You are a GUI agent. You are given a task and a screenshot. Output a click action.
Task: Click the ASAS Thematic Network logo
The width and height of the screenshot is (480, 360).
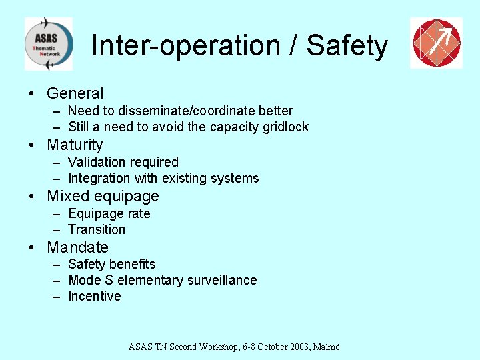pos(48,44)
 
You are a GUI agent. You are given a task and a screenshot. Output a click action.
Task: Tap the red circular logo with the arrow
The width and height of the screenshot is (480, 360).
pos(436,43)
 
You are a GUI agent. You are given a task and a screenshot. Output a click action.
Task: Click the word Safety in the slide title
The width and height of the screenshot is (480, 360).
pos(347,46)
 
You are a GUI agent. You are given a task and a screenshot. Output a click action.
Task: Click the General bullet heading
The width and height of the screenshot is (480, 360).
pos(75,94)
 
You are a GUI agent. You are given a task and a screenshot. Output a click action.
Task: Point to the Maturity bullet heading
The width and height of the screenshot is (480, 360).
pos(75,145)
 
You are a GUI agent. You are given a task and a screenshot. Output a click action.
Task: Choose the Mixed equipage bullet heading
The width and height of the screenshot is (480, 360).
pos(103,196)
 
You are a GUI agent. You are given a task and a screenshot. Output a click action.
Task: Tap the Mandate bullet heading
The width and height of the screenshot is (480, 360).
pos(77,247)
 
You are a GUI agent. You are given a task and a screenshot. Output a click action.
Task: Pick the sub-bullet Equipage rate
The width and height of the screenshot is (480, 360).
pos(109,213)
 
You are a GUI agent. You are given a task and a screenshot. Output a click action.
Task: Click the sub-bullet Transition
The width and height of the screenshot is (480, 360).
pos(97,229)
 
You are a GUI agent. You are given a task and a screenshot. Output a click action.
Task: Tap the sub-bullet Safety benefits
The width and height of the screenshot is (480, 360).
pos(111,264)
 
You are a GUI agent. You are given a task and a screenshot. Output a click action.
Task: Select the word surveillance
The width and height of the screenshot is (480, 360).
pos(218,280)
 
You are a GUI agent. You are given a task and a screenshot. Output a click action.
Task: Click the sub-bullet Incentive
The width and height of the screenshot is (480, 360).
pos(95,296)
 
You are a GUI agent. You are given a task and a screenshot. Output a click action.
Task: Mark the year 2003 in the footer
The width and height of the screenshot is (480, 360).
pos(297,347)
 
